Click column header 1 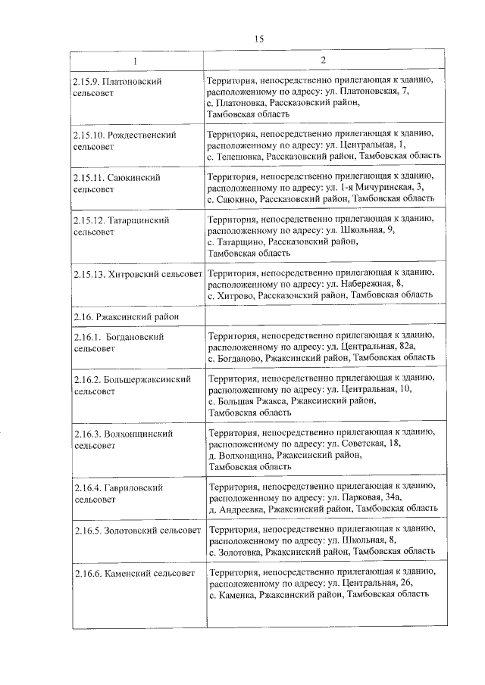(x=136, y=61)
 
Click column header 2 (x=322, y=61)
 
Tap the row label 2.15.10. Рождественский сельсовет (x=125, y=140)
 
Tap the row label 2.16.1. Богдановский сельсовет (x=119, y=341)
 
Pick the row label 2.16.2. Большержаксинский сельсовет (x=133, y=385)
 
